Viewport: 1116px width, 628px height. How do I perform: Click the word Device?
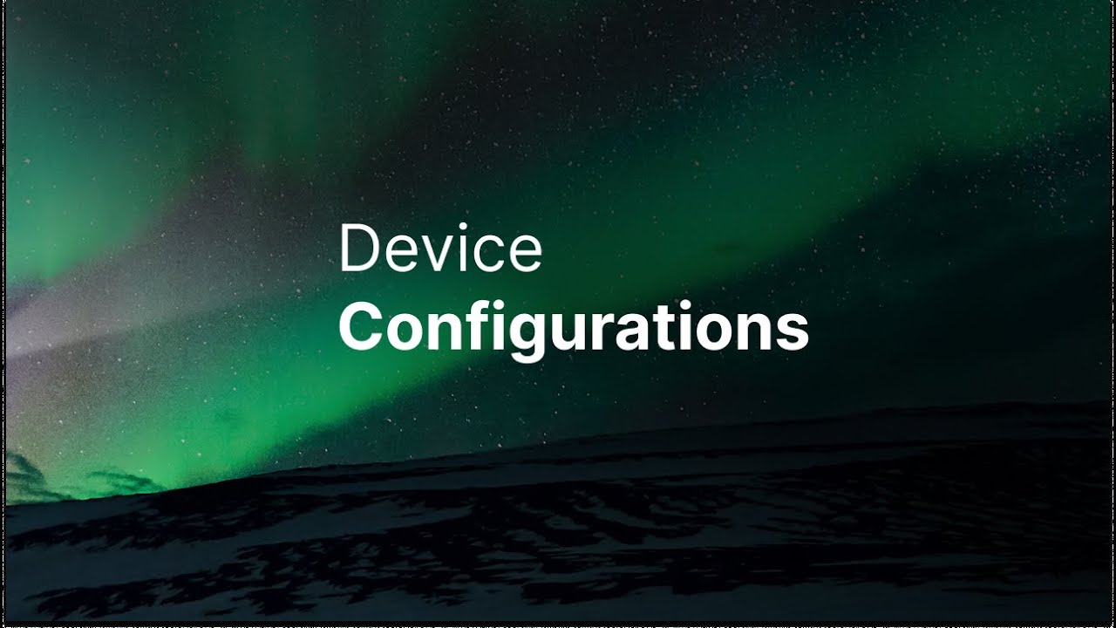point(440,247)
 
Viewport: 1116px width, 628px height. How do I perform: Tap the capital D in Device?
point(358,249)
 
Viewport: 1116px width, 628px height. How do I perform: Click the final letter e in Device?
point(524,254)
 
